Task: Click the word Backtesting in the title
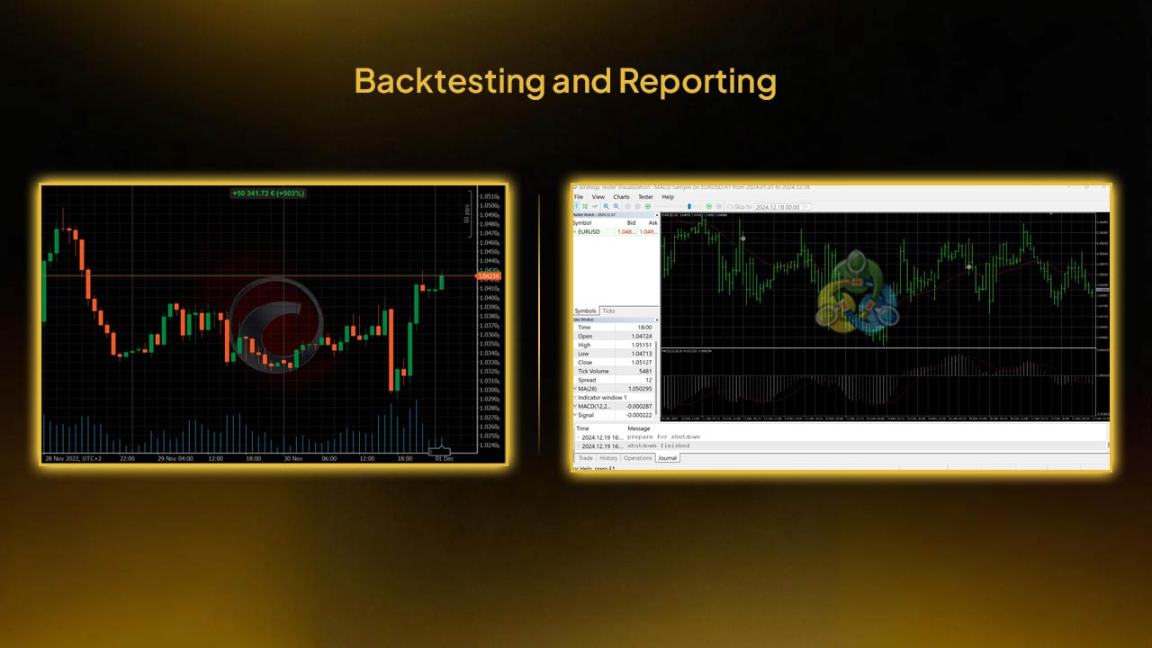448,82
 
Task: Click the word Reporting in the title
697,82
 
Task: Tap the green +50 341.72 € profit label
268,193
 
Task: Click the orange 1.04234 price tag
489,276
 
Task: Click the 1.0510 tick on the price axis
490,196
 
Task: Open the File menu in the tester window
579,197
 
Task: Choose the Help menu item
668,197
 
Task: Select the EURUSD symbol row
589,231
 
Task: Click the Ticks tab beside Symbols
609,310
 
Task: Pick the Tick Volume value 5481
644,371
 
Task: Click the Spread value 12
648,380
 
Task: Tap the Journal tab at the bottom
667,458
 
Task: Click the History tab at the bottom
609,458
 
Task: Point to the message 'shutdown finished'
658,445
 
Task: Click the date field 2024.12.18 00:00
776,207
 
